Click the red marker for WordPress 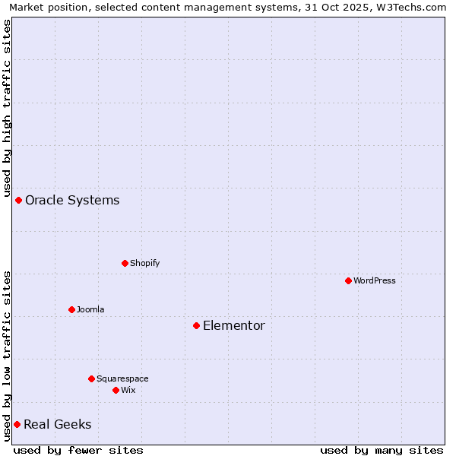[x=348, y=280]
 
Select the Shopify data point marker [x=125, y=263]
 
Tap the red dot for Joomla [x=71, y=309]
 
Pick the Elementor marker [x=196, y=325]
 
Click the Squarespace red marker [x=91, y=378]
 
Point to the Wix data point [x=116, y=390]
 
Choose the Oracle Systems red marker [x=18, y=200]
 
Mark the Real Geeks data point [x=17, y=424]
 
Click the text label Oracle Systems [x=72, y=201]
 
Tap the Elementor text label [x=234, y=326]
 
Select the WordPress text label [x=375, y=280]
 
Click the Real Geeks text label [x=58, y=425]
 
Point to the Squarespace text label [x=122, y=378]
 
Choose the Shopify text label [x=145, y=263]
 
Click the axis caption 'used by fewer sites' [x=78, y=450]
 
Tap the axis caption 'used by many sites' [x=382, y=450]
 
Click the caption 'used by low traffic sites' [x=8, y=356]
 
